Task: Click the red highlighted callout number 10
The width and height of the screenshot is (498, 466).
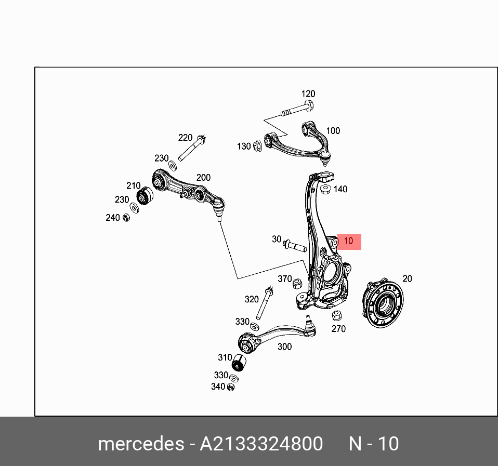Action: tap(349, 241)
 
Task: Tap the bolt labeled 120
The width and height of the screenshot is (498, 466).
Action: tap(297, 111)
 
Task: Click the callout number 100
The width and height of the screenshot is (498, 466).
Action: tap(333, 131)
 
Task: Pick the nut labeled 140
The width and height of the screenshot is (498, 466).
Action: tap(326, 189)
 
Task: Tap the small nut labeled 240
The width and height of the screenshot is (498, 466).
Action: tap(126, 217)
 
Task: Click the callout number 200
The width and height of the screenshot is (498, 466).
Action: tap(203, 178)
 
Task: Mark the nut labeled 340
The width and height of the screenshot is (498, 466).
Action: tap(231, 387)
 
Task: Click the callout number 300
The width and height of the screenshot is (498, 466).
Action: tap(284, 347)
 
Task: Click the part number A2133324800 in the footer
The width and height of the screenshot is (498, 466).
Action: tap(261, 444)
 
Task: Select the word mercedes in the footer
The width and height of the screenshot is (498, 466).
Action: tap(140, 444)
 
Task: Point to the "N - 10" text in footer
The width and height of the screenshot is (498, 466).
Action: tap(373, 444)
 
